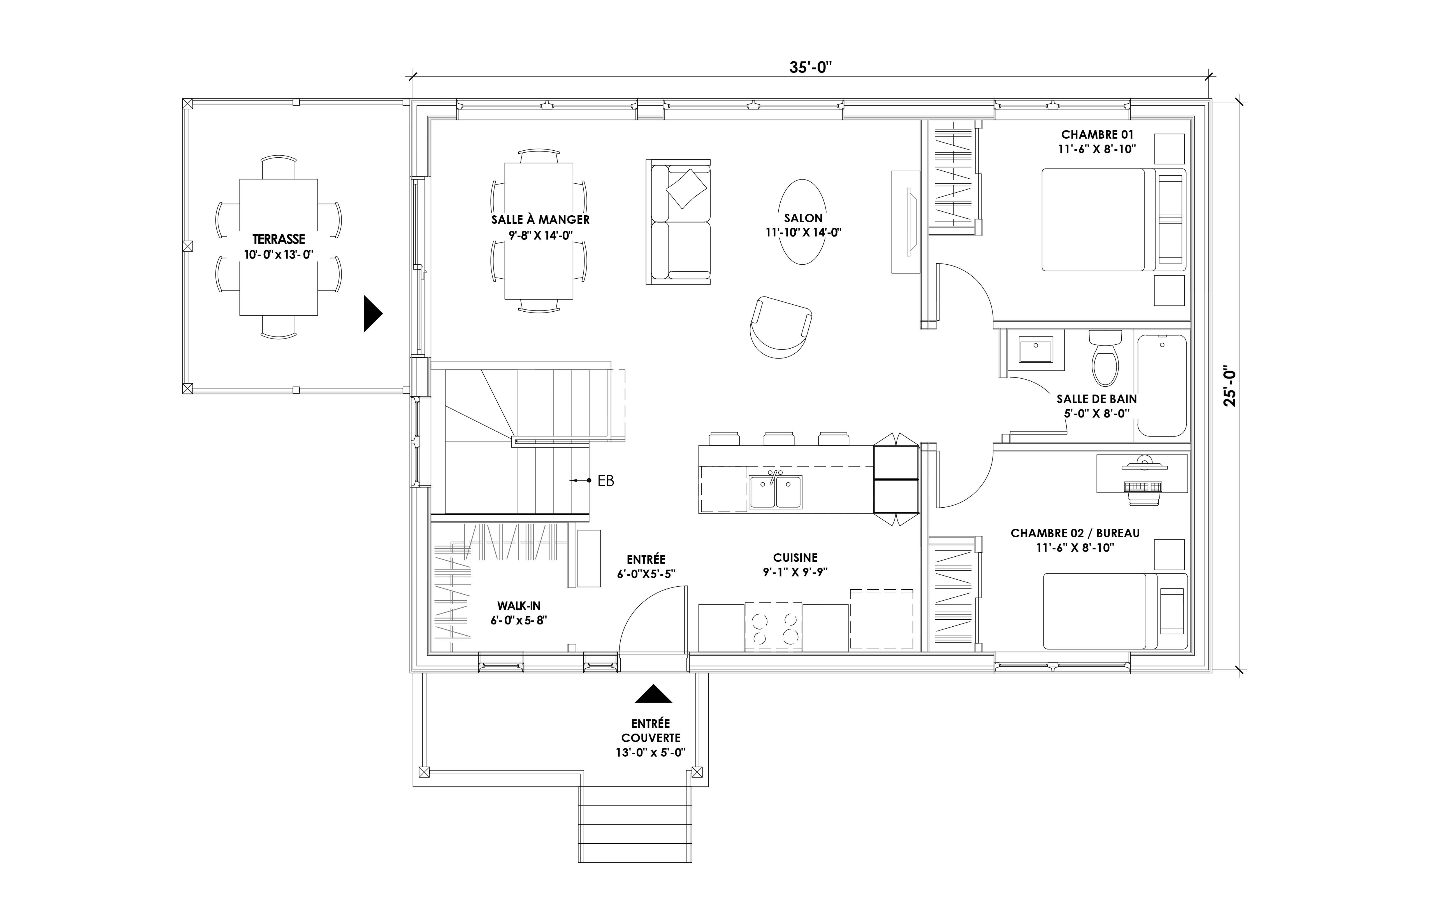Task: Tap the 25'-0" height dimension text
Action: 1231,387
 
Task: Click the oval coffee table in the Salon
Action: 802,222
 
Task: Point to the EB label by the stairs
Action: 606,480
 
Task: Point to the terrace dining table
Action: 279,247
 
